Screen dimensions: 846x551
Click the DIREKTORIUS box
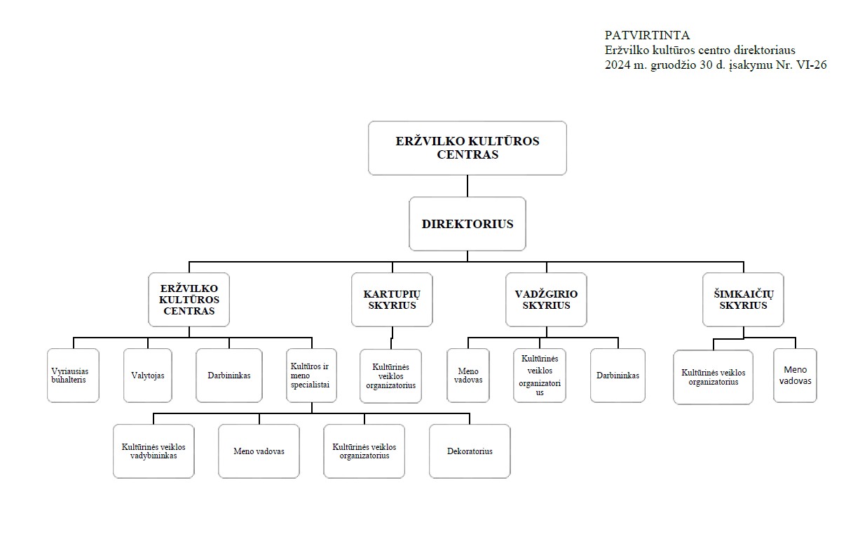pyautogui.click(x=468, y=223)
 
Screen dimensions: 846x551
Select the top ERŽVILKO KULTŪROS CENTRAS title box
pyautogui.click(x=468, y=148)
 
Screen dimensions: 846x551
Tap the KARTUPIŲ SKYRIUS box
pyautogui.click(x=392, y=300)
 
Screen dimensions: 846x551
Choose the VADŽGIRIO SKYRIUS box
pyautogui.click(x=546, y=300)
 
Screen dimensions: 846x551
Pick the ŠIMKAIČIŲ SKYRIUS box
pyautogui.click(x=743, y=300)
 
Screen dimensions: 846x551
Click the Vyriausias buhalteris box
pyautogui.click(x=74, y=375)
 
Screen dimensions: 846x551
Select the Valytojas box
pyautogui.click(x=148, y=375)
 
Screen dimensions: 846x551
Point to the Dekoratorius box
pyautogui.click(x=470, y=451)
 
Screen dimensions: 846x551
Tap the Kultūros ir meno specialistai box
pyautogui.click(x=312, y=375)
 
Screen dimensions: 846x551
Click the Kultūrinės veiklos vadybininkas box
pyautogui.click(x=153, y=451)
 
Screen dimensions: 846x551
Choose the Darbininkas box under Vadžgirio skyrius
pyautogui.click(x=618, y=375)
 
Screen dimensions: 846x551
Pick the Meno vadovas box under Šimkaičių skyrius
pyautogui.click(x=795, y=375)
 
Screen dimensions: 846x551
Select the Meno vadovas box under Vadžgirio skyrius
pyautogui.click(x=468, y=375)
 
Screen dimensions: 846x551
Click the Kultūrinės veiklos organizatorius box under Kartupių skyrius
pyautogui.click(x=390, y=376)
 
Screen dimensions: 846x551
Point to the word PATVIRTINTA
pyautogui.click(x=647, y=35)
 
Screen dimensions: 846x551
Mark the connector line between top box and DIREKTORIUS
pyautogui.click(x=468, y=186)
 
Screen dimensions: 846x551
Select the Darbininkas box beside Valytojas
pyautogui.click(x=229, y=375)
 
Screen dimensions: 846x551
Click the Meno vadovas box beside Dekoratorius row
pyautogui.click(x=259, y=451)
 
